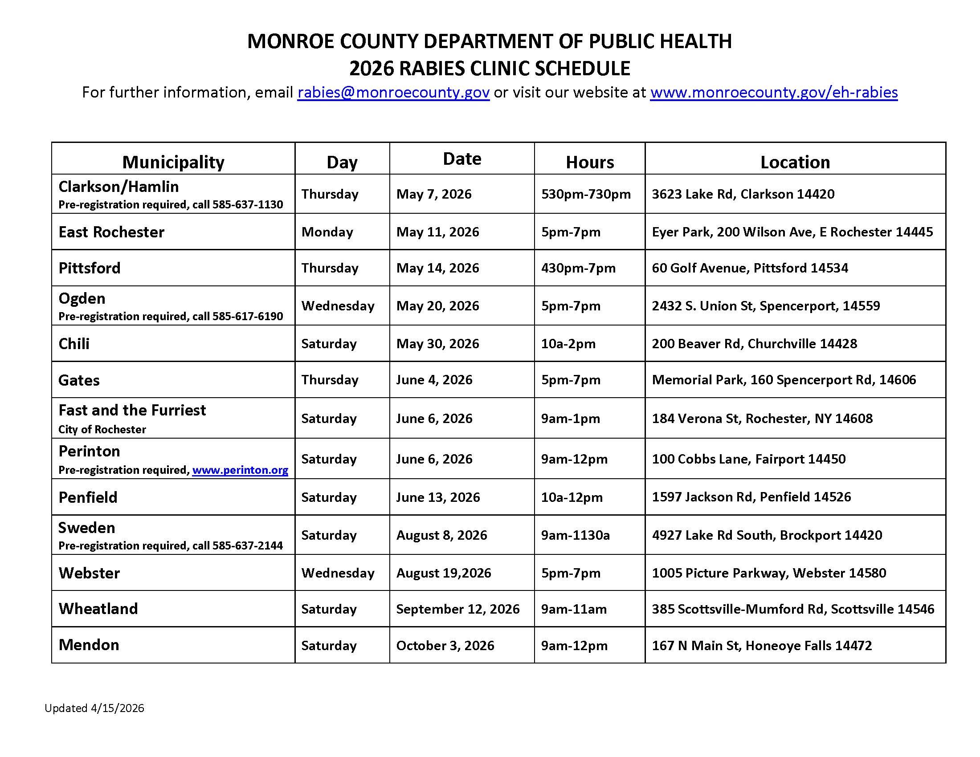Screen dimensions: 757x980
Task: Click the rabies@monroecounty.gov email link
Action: tap(393, 92)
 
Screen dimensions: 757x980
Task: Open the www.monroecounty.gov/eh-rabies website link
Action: tap(774, 92)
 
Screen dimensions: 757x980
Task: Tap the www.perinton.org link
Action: tap(240, 470)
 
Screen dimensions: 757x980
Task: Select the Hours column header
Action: tap(590, 162)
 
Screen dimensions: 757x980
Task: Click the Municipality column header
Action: tap(173, 162)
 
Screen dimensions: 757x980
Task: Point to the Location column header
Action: tap(795, 162)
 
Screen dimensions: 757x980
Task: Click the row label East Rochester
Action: tap(111, 232)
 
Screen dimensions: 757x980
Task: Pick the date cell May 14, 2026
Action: tap(437, 268)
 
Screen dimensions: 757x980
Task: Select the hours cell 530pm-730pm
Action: tap(586, 194)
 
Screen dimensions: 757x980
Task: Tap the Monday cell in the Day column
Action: tap(327, 232)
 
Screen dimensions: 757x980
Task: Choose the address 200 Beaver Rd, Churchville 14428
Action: tap(754, 343)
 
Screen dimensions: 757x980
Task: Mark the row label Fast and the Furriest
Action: tap(132, 410)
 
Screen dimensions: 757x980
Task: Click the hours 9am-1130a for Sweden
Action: tap(575, 535)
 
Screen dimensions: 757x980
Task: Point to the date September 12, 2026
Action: tap(457, 609)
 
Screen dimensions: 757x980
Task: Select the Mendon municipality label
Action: tap(89, 645)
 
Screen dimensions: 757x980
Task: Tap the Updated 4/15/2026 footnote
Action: tap(94, 708)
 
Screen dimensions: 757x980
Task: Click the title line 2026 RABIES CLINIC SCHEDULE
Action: tap(490, 69)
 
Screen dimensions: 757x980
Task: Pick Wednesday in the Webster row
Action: tap(338, 573)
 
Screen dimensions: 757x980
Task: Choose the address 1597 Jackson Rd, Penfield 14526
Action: tap(751, 497)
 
